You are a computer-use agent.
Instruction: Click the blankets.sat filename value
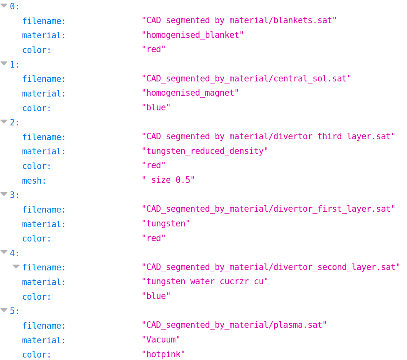[239, 20]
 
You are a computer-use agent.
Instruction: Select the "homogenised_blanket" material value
[192, 35]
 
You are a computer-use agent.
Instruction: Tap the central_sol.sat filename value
[246, 79]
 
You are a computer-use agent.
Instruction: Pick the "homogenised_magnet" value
[190, 93]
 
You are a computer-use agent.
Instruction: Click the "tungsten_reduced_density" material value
[205, 151]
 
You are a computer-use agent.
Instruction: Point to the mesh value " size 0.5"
[168, 180]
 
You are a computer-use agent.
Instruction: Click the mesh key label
[34, 180]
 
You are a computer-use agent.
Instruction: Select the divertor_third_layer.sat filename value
[268, 137]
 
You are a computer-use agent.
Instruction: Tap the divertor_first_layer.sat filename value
[268, 209]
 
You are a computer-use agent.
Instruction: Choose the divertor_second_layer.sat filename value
[271, 268]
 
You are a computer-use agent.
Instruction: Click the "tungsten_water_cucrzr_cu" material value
[205, 282]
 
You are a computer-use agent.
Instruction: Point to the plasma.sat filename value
[234, 325]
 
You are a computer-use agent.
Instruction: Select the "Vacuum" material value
[161, 340]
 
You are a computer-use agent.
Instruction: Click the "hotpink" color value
[163, 354]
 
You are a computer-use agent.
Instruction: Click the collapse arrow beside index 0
[4, 5]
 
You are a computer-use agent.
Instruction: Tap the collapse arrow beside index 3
[4, 194]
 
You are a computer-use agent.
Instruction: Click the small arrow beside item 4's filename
[16, 267]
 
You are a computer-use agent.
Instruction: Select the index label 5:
[15, 311]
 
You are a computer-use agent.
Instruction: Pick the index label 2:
[15, 122]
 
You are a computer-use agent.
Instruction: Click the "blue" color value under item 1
[156, 108]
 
